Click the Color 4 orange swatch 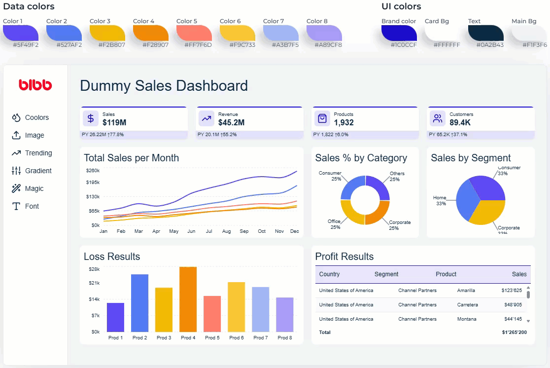click(150, 33)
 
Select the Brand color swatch click(399, 33)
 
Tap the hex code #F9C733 click(242, 45)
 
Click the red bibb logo click(35, 85)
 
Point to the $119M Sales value click(114, 122)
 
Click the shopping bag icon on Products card click(322, 118)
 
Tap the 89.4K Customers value click(460, 122)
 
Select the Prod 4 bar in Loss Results click(188, 299)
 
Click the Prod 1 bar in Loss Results click(115, 317)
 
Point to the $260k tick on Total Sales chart click(93, 171)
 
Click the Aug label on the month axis click(226, 231)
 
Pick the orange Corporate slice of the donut click(377, 212)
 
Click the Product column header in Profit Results click(446, 274)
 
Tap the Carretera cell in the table click(467, 305)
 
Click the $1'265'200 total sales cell click(514, 332)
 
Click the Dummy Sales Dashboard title click(164, 86)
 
